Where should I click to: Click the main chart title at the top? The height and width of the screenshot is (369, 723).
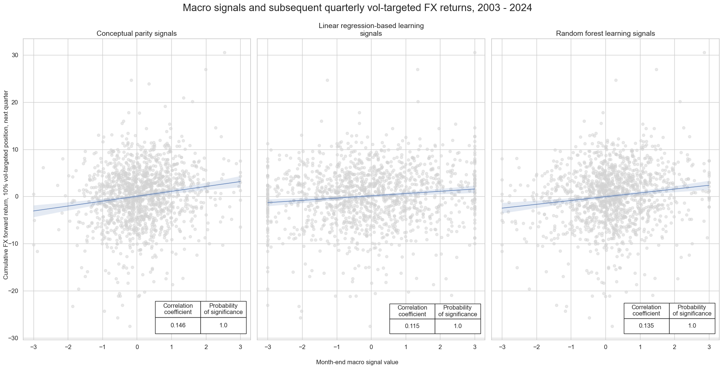(357, 8)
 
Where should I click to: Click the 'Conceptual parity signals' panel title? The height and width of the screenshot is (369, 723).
(136, 34)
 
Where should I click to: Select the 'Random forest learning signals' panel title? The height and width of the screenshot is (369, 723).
(605, 34)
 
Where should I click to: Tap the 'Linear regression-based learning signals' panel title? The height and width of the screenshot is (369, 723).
(371, 30)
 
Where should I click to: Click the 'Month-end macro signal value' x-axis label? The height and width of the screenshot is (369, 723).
(357, 362)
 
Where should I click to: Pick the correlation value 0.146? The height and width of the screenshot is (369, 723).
(178, 325)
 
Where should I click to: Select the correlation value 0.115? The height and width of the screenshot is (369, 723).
(412, 326)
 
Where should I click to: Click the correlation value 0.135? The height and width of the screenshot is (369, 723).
(646, 325)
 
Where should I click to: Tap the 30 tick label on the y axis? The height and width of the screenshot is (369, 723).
(14, 55)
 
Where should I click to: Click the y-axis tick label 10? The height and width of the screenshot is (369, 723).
(14, 150)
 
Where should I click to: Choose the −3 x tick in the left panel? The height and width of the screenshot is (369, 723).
(33, 347)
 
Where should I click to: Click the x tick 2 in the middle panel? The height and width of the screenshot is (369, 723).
(440, 347)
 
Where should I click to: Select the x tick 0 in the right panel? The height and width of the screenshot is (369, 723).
(605, 347)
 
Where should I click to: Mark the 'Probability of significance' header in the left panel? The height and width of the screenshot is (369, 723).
(223, 309)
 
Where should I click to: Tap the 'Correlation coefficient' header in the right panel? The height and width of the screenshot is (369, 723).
(646, 310)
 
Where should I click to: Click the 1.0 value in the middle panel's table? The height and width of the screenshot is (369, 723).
(458, 326)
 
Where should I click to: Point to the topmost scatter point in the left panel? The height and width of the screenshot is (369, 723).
(224, 53)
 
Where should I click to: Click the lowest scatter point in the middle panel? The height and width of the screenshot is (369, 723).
(370, 326)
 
